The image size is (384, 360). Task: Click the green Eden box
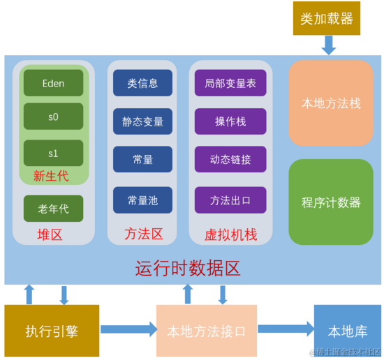click(x=53, y=83)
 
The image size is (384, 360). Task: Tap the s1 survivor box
click(x=53, y=153)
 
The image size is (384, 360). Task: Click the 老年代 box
click(x=53, y=208)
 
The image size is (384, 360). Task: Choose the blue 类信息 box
click(x=142, y=83)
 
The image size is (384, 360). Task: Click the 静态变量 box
click(x=142, y=121)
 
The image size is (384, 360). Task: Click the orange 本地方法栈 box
click(x=331, y=103)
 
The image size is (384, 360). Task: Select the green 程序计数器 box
click(x=331, y=202)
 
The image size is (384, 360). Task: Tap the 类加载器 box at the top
click(x=326, y=19)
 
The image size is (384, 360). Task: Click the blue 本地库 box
click(x=347, y=330)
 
